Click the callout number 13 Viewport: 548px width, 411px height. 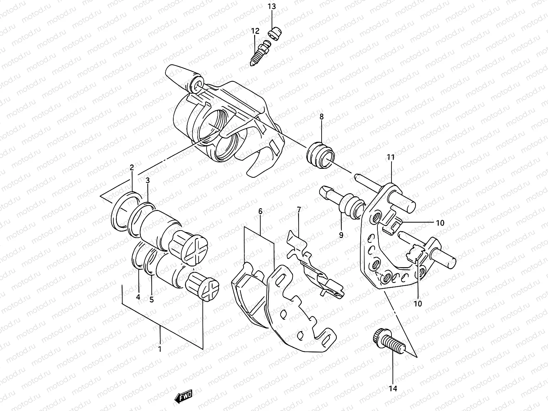pos(271,7)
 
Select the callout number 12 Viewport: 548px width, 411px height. pos(255,31)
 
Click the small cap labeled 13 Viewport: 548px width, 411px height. pos(274,35)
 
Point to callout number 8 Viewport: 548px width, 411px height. pos(321,116)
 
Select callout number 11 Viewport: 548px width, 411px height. pos(391,158)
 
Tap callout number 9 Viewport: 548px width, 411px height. pos(341,235)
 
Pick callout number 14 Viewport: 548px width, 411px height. pos(393,388)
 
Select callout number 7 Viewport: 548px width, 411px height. pos(298,210)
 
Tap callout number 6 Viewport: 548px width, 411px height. pos(260,211)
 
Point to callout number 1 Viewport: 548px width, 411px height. pos(159,349)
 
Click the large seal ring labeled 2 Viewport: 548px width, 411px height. pos(125,212)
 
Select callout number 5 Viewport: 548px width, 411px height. pos(151,299)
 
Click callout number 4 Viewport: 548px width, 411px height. pos(138,297)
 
